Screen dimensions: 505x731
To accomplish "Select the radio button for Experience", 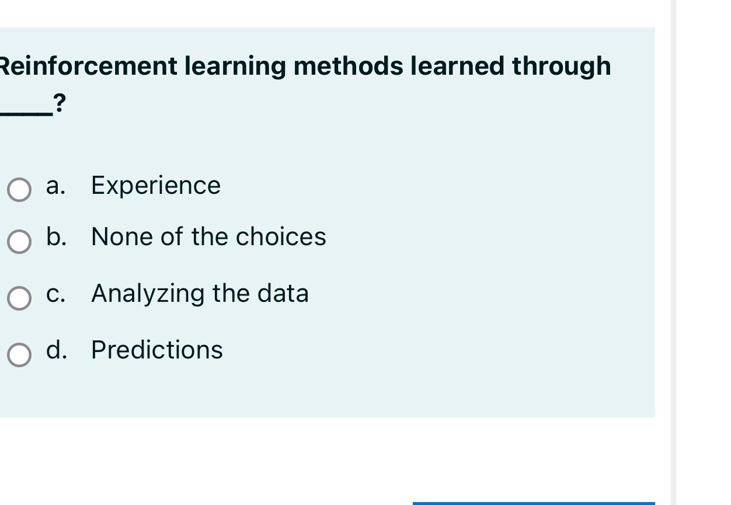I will click(19, 190).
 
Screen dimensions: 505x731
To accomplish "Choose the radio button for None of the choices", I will click(19, 241).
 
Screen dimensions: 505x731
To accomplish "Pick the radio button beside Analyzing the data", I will click(19, 298).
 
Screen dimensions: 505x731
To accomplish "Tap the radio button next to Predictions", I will click(19, 354).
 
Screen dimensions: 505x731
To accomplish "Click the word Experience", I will click(156, 186).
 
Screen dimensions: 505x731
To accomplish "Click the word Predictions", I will click(157, 350).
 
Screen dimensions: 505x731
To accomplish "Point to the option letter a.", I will click(55, 186).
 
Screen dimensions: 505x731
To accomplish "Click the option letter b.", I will click(55, 236).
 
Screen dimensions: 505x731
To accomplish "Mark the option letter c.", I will click(55, 293).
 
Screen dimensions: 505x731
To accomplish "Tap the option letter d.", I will click(55, 350).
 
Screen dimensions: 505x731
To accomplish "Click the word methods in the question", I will click(348, 66).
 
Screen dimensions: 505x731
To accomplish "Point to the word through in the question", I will click(561, 66).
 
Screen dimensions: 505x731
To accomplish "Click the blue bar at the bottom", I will click(533, 503).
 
